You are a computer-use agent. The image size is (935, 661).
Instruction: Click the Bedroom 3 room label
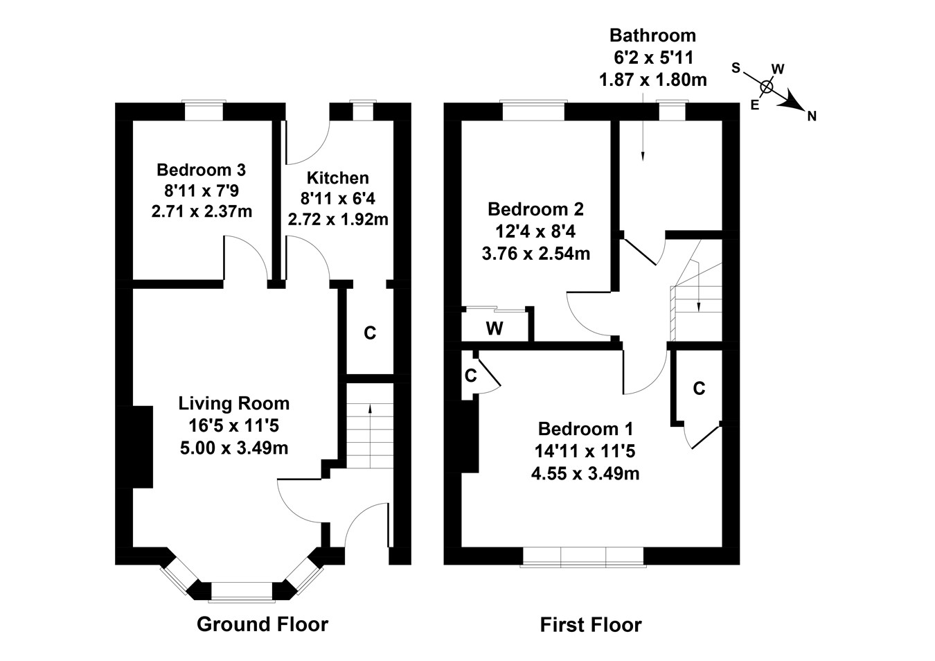pyautogui.click(x=201, y=170)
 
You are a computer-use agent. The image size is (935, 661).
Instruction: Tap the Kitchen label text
pyautogui.click(x=338, y=178)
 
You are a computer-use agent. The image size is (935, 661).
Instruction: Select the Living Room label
pyautogui.click(x=234, y=403)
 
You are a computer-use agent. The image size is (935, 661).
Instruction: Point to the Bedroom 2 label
pyautogui.click(x=535, y=209)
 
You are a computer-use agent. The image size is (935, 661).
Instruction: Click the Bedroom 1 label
pyautogui.click(x=585, y=429)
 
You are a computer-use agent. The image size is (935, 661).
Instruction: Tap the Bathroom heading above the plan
pyautogui.click(x=652, y=35)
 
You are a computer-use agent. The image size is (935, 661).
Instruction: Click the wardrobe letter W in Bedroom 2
pyautogui.click(x=494, y=328)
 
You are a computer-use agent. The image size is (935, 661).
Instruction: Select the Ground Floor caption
pyautogui.click(x=262, y=624)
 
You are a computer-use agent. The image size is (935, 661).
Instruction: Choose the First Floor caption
pyautogui.click(x=591, y=625)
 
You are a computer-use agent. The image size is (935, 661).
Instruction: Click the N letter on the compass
pyautogui.click(x=812, y=116)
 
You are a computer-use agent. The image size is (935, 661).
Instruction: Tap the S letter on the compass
pyautogui.click(x=736, y=68)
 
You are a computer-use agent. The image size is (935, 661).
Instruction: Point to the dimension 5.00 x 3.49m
pyautogui.click(x=234, y=448)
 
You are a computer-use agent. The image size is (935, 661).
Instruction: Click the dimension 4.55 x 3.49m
pyautogui.click(x=585, y=474)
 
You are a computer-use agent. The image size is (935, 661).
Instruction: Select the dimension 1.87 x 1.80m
pyautogui.click(x=652, y=80)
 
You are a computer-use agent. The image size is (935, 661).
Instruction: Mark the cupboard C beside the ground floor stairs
pyautogui.click(x=370, y=333)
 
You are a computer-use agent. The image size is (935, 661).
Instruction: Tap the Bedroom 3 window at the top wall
pyautogui.click(x=204, y=111)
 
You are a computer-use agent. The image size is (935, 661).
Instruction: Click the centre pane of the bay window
pyautogui.click(x=242, y=591)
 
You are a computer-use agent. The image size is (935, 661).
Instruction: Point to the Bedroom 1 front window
pyautogui.click(x=583, y=556)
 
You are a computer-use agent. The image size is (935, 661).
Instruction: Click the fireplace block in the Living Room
pyautogui.click(x=142, y=447)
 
